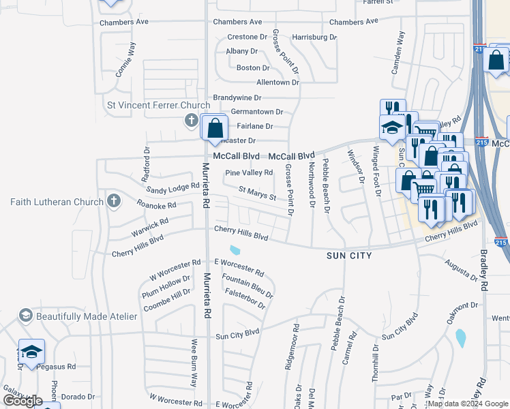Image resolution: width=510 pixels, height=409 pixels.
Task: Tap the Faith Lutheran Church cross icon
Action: (x=114, y=201)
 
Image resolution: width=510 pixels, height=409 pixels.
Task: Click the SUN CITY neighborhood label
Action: (x=348, y=256)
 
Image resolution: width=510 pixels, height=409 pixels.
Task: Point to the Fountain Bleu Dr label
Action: (x=247, y=286)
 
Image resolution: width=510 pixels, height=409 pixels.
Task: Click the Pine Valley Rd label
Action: (x=249, y=173)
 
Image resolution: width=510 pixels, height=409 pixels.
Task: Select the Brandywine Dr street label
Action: (x=237, y=98)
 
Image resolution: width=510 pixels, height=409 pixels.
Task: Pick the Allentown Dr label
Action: (x=277, y=82)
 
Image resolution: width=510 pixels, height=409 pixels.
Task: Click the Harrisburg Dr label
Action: (x=314, y=37)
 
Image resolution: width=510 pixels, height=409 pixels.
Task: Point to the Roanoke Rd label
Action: (x=156, y=204)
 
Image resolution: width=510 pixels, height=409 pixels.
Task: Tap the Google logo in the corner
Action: (x=22, y=401)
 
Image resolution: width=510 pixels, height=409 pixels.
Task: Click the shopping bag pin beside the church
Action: (x=215, y=127)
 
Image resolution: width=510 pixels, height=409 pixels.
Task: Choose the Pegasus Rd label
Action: (x=57, y=366)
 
